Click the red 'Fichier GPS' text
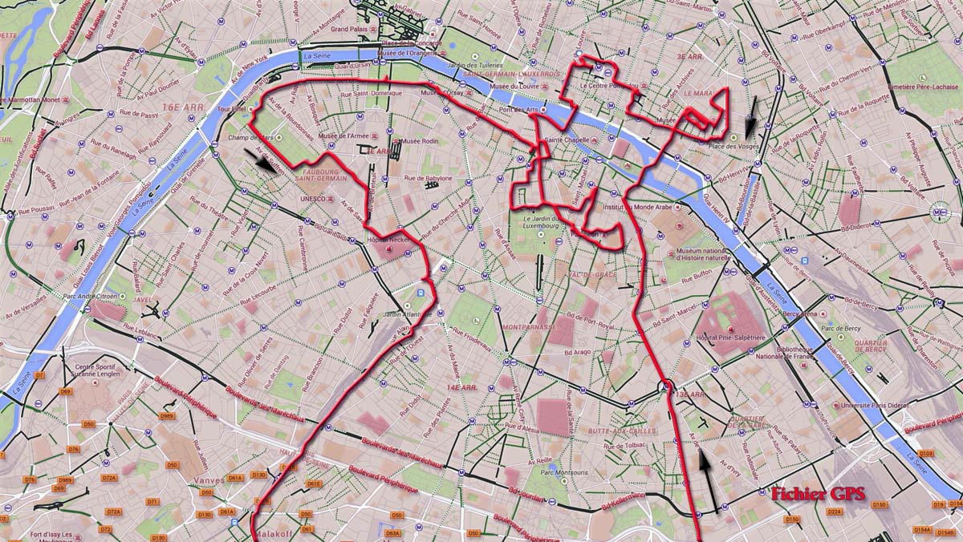(818, 495)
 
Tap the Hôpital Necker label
(388, 240)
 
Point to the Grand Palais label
(349, 29)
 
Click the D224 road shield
(834, 512)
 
